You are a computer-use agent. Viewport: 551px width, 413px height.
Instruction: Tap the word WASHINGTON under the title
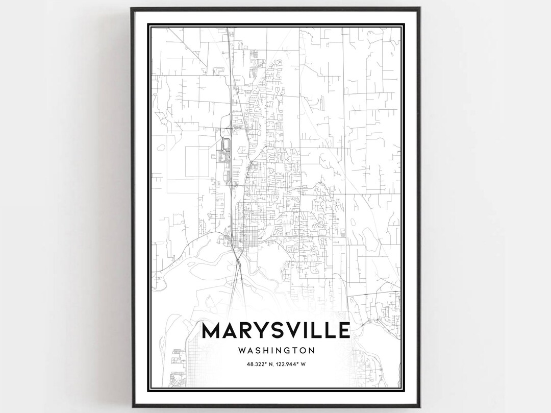[276, 351]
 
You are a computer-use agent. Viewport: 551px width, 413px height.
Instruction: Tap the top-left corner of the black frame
[131, 8]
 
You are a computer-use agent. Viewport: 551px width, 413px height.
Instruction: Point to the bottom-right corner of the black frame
[420, 406]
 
